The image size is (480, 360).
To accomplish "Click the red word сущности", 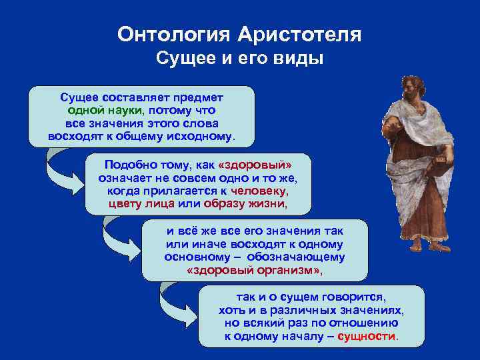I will (x=367, y=336).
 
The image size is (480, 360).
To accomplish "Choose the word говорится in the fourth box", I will (x=355, y=297).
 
